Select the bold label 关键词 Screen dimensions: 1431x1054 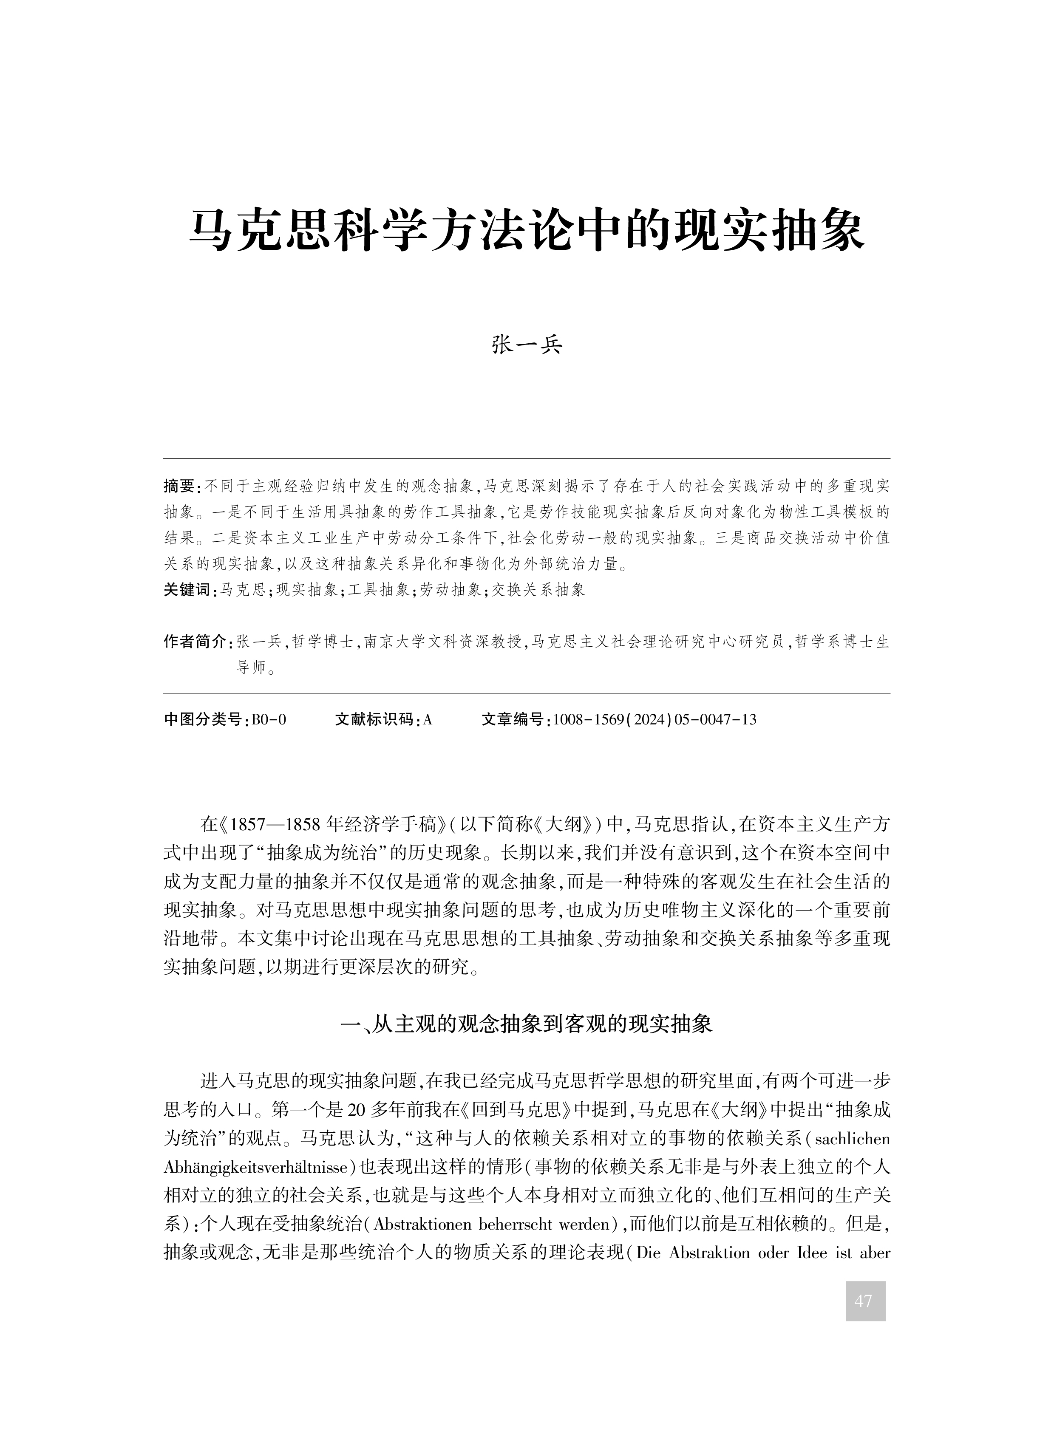tap(188, 590)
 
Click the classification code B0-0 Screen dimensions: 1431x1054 tap(269, 720)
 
